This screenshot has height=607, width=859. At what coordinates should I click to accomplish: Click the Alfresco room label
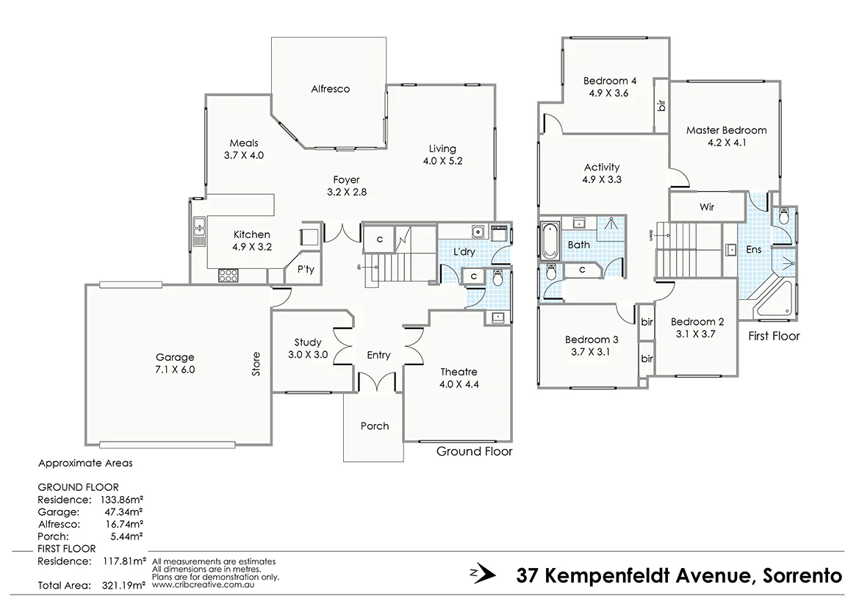click(330, 89)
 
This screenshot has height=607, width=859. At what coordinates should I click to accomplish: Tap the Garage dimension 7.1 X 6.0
click(174, 370)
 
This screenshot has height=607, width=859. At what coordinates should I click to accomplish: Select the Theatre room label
click(459, 371)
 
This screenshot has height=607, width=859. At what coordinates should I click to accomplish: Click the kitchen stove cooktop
click(228, 276)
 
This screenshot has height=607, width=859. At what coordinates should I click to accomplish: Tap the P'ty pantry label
click(306, 270)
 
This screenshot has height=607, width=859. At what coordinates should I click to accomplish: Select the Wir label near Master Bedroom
click(707, 207)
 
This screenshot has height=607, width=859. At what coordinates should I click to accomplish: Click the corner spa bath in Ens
click(775, 297)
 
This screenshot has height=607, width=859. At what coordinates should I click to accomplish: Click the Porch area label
click(374, 426)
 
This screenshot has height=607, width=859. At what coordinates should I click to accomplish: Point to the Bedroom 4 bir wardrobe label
click(661, 106)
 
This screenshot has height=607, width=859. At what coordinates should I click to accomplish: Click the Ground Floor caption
click(474, 451)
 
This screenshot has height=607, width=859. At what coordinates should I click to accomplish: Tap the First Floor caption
click(773, 336)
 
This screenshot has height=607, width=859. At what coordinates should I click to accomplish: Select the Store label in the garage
click(256, 364)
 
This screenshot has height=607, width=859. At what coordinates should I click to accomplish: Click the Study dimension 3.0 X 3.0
click(307, 355)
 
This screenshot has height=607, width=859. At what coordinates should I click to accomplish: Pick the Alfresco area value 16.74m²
click(121, 523)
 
